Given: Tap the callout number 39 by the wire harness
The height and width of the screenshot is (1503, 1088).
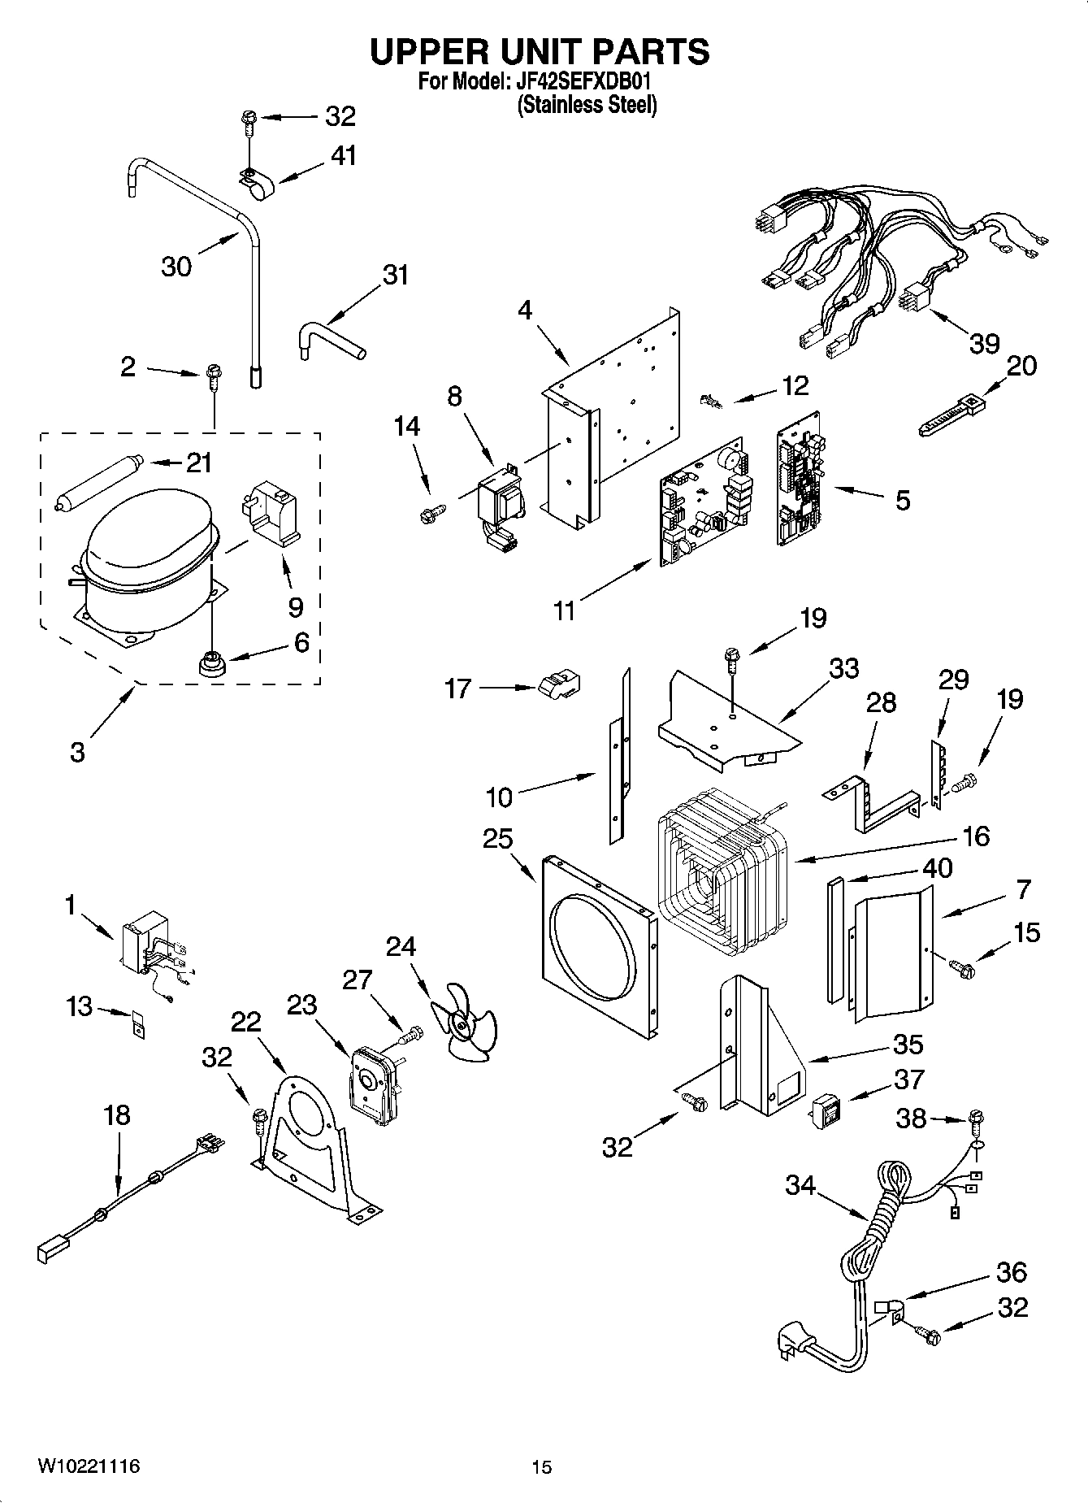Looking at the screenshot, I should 984,344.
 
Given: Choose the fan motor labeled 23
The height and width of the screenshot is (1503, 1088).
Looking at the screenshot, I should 371,1081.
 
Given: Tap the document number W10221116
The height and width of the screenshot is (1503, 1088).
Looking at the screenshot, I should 88,1466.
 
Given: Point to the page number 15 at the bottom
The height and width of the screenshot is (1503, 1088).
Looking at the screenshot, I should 541,1467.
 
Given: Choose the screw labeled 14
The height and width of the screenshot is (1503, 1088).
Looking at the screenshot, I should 431,513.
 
